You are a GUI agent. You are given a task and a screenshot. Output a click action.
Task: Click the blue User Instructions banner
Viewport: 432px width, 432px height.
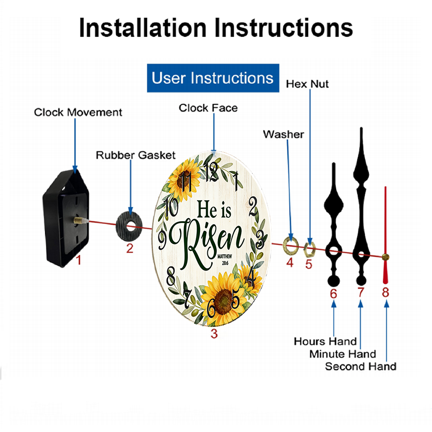click(x=213, y=78)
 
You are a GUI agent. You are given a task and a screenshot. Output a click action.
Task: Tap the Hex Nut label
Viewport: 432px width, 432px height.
click(x=307, y=84)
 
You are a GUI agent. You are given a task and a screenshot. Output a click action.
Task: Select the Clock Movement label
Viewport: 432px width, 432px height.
click(x=78, y=112)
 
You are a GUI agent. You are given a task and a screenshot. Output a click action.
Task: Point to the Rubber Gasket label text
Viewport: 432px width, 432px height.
click(x=136, y=155)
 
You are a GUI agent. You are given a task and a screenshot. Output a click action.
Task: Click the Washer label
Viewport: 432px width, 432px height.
click(x=283, y=134)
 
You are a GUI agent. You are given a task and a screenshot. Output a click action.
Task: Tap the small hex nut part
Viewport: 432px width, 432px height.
click(x=309, y=249)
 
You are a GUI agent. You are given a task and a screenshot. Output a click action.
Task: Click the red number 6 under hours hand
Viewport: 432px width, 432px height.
click(x=334, y=294)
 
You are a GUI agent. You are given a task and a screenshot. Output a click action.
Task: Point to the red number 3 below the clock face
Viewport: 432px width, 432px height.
click(x=214, y=334)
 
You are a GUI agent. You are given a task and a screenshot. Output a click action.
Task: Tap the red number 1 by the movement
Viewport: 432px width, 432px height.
click(x=79, y=260)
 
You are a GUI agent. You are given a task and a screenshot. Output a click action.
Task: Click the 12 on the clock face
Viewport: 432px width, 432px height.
click(x=212, y=172)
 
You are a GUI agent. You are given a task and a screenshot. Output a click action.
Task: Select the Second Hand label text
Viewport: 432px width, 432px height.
click(x=361, y=367)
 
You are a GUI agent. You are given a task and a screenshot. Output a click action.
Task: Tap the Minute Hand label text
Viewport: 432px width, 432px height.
click(x=343, y=354)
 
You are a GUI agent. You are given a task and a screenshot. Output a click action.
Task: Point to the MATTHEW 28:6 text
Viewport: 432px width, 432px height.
click(x=225, y=260)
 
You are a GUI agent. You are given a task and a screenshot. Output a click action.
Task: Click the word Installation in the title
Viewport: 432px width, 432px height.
click(x=143, y=28)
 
